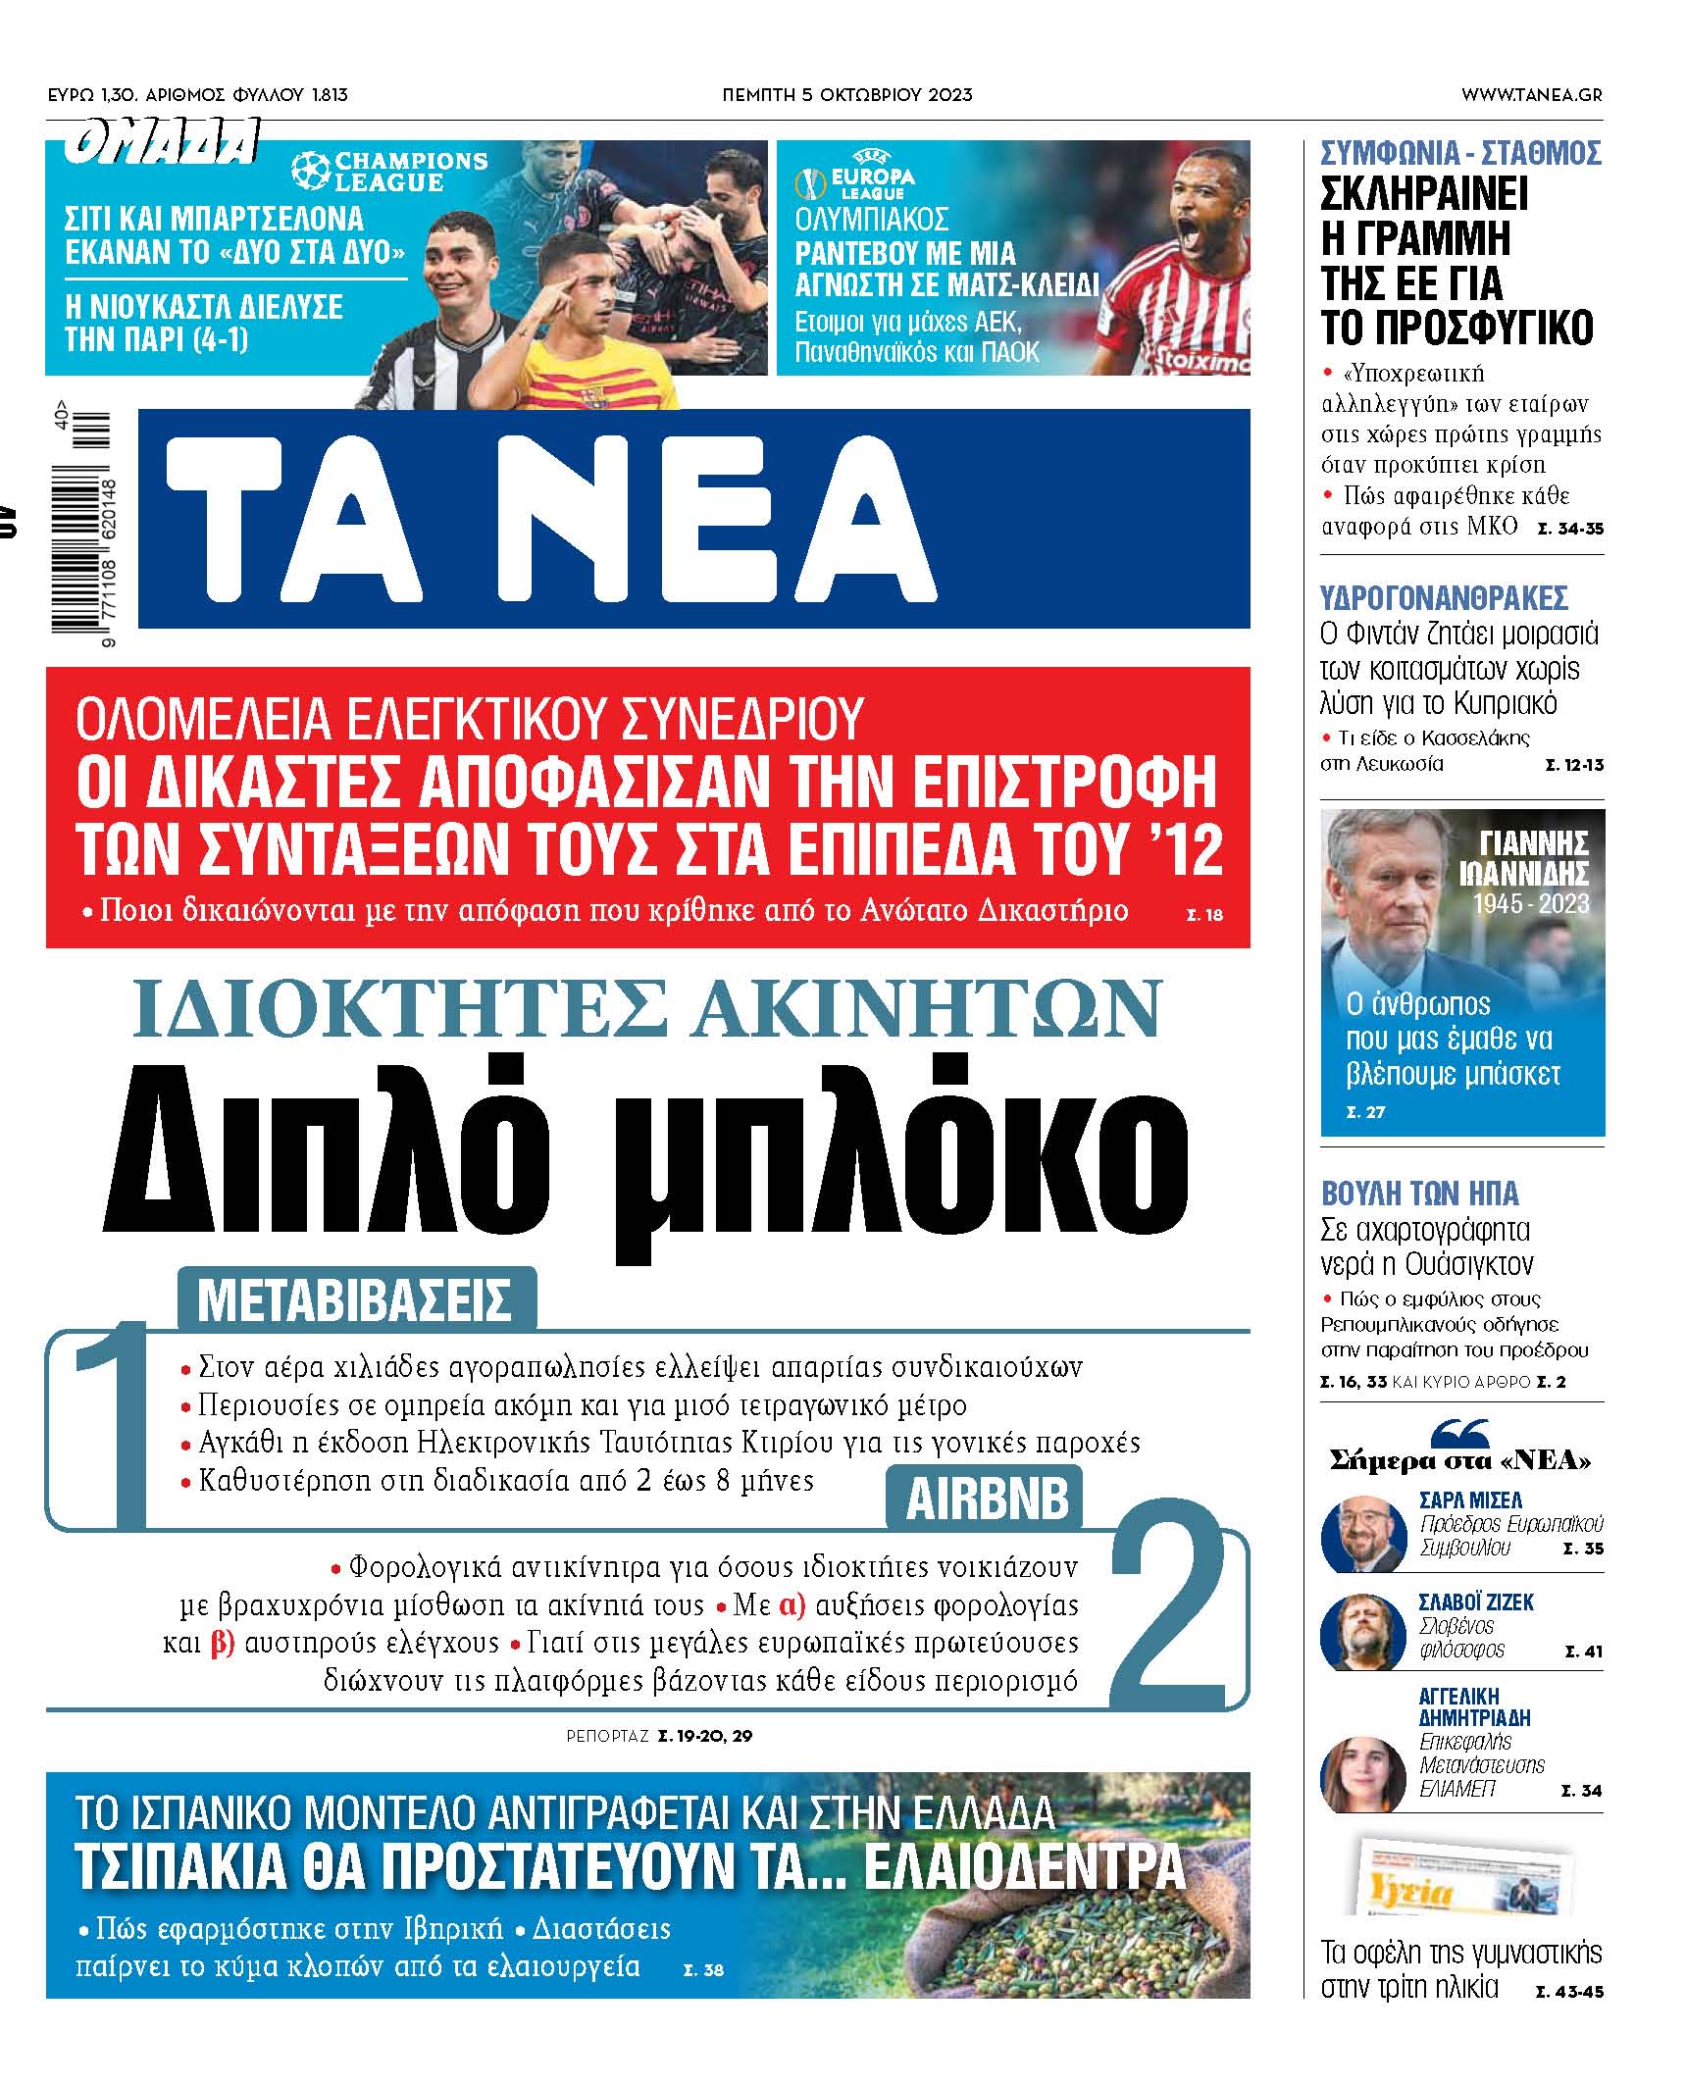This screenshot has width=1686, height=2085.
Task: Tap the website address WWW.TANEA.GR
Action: tap(1531, 95)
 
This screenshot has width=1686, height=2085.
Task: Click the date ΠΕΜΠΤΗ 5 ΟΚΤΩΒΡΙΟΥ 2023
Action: tap(846, 95)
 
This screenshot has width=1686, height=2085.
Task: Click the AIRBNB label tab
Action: tap(986, 1500)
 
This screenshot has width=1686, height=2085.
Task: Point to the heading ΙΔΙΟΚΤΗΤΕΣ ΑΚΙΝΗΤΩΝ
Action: tap(646, 1008)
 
